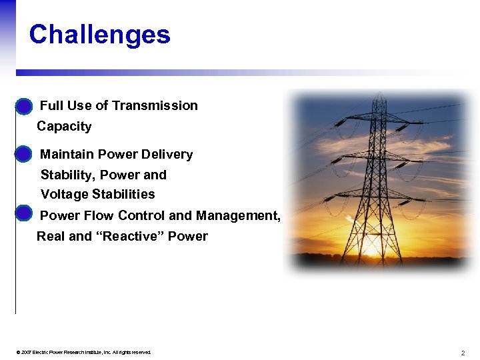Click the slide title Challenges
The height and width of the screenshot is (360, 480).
pos(99,35)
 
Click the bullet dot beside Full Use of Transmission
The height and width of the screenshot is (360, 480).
pos(23,106)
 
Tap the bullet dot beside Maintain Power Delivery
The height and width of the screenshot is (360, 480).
pos(23,154)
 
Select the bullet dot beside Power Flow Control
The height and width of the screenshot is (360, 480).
pos(23,214)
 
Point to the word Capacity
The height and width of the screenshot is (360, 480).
pos(64,126)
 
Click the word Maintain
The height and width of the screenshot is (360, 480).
pos(67,154)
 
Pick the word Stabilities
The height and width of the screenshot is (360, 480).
pos(123,194)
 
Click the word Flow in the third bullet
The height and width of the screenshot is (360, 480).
pos(100,215)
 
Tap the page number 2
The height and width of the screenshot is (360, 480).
pos(462,352)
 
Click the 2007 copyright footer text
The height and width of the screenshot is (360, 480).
pos(86,352)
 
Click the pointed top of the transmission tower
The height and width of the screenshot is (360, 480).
pos(379,95)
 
